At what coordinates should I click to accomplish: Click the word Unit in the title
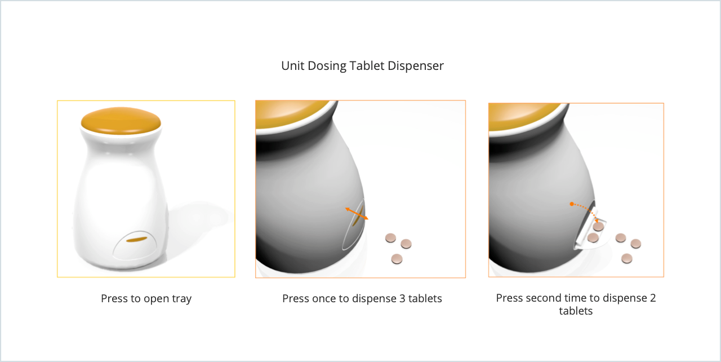click(292, 66)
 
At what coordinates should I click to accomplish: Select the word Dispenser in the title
click(416, 67)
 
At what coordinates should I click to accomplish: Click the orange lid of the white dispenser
click(121, 120)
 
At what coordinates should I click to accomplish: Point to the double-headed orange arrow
click(357, 214)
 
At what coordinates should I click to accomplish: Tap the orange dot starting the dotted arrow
click(572, 204)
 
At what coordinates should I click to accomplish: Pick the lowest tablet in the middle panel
click(397, 259)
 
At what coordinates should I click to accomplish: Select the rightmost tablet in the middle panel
click(406, 244)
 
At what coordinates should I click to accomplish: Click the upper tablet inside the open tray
click(598, 226)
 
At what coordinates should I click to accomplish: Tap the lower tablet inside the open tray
click(593, 238)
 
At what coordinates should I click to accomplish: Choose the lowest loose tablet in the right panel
click(627, 258)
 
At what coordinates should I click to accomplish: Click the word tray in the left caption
click(181, 299)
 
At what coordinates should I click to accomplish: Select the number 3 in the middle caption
click(402, 298)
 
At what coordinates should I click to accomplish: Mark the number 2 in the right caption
click(653, 298)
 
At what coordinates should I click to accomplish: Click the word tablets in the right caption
click(576, 311)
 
